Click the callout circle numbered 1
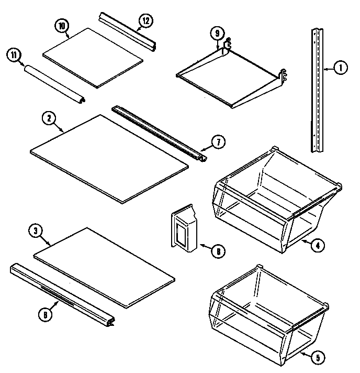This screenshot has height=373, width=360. pyautogui.click(x=340, y=68)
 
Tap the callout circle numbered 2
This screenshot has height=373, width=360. pyautogui.click(x=48, y=118)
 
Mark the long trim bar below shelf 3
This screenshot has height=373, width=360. pyautogui.click(x=63, y=296)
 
